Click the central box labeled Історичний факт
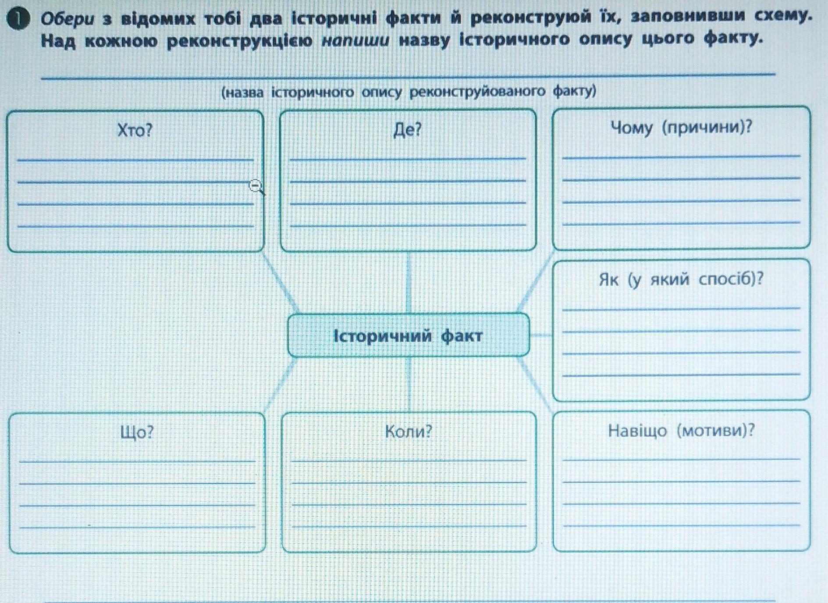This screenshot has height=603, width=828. [x=408, y=335]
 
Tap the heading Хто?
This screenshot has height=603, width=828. [x=135, y=130]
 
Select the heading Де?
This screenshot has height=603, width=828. [x=408, y=129]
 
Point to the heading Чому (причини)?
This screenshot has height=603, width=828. [x=681, y=128]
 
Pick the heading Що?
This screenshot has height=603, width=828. [x=137, y=432]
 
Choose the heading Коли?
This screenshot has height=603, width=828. [x=409, y=432]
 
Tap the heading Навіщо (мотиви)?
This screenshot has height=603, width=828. [x=681, y=431]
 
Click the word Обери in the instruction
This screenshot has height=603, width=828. [x=68, y=19]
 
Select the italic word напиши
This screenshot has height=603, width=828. [x=355, y=40]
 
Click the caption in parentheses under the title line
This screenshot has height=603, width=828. [x=409, y=92]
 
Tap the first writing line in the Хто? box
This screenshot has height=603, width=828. [x=135, y=159]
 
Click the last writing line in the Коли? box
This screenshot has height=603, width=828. [x=409, y=525]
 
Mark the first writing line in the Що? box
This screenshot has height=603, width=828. [x=137, y=460]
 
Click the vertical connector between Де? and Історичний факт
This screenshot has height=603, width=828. [x=409, y=282]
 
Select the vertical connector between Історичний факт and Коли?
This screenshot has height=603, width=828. [x=409, y=384]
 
